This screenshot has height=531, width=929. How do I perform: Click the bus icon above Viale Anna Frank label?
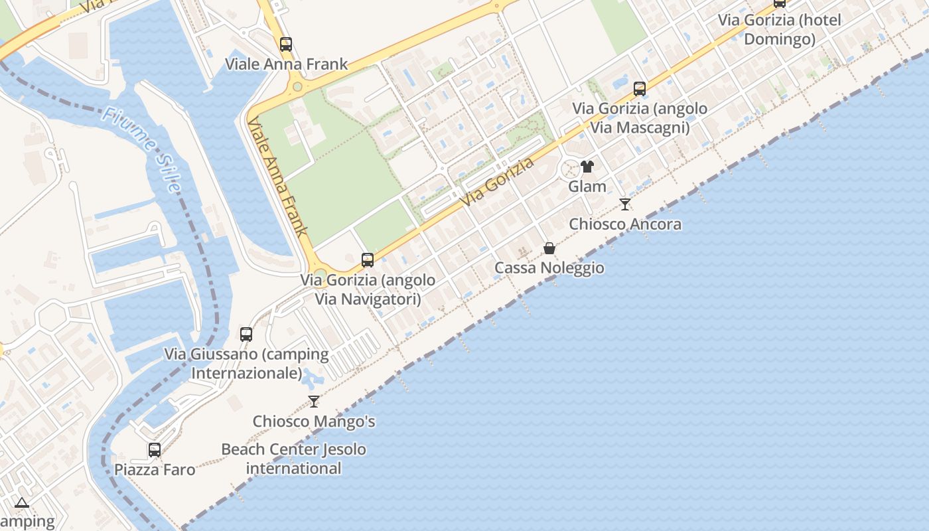[286, 44]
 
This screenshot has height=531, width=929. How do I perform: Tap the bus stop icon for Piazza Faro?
[155, 450]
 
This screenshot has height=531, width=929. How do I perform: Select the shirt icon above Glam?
[587, 167]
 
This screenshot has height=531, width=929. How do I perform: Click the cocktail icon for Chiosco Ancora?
[624, 204]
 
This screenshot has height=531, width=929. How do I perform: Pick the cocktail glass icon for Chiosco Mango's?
[314, 402]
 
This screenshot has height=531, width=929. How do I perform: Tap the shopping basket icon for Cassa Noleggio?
[549, 248]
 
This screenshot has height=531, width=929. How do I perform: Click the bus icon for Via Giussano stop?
[246, 334]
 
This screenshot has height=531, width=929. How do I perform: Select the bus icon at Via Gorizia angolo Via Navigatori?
[368, 260]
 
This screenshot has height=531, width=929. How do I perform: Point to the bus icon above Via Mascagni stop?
[640, 88]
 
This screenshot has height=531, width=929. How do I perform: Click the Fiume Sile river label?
[141, 150]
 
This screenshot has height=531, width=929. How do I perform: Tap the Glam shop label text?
[587, 187]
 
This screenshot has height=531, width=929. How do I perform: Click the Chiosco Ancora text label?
[625, 224]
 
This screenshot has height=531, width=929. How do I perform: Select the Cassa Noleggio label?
[549, 268]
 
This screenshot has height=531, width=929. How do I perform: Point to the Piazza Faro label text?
[155, 470]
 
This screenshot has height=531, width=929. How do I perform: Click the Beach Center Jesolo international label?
[293, 459]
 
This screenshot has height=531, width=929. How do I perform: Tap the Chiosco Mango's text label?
[314, 421]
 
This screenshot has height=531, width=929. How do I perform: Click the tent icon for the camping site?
[22, 502]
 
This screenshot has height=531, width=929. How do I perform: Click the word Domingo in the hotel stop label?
[780, 39]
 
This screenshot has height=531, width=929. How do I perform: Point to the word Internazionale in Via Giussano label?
[247, 373]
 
